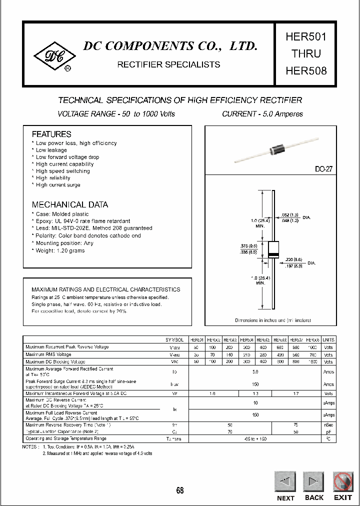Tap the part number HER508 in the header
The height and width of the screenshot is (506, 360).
[x=306, y=70]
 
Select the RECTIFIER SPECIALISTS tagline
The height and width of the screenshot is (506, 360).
[x=168, y=64]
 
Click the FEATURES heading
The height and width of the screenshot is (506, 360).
[x=51, y=134]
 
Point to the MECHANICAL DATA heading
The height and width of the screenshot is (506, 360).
[x=69, y=204]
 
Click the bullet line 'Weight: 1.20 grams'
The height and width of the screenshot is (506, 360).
[x=58, y=250]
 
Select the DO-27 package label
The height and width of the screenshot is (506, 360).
[x=323, y=169]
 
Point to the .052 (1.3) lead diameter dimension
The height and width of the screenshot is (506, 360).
[x=291, y=214]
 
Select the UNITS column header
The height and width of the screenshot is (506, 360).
[x=328, y=339]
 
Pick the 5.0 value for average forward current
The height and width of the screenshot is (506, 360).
[x=255, y=372]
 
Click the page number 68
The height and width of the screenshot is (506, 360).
[x=180, y=490]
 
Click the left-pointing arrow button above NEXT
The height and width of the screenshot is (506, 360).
[x=285, y=482]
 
